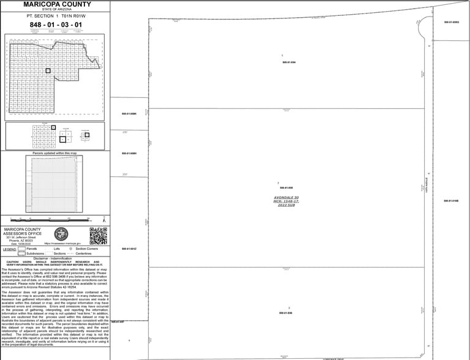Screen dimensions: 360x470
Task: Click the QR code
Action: pos(99,235)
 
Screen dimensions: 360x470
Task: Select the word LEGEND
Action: pos(10,249)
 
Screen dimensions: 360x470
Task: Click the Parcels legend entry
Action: pos(32,249)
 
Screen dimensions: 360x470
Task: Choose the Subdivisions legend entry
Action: pos(35,253)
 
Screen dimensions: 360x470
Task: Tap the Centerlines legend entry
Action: pos(83,253)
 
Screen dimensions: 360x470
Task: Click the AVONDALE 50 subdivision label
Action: pos(286,197)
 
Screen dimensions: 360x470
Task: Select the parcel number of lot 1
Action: pos(289,62)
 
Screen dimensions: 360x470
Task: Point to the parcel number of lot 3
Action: pos(286,313)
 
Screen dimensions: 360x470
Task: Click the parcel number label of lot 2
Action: pos(286,187)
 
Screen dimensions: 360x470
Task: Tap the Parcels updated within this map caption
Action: pos(54,153)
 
